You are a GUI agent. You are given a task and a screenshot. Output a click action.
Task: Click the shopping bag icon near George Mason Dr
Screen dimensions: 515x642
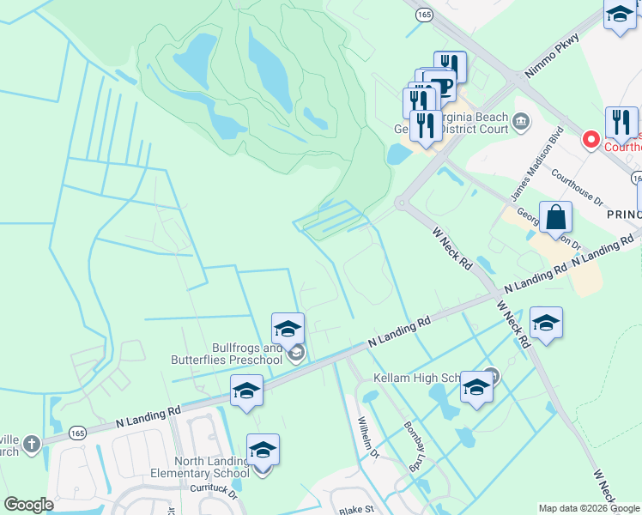(556, 218)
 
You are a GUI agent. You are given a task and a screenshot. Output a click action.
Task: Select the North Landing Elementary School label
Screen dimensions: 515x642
(211, 467)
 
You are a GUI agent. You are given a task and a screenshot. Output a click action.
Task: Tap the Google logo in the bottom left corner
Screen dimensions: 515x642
(27, 504)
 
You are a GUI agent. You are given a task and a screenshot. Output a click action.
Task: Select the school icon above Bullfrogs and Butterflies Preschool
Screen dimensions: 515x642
(288, 328)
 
